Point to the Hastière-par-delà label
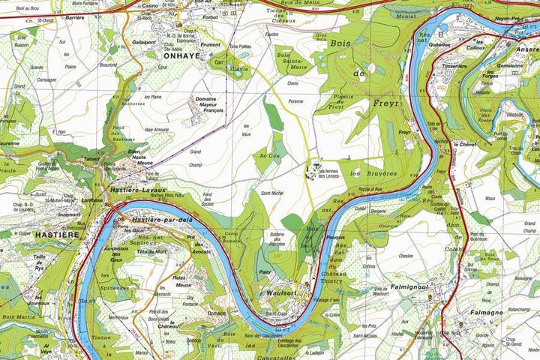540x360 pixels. [x=163, y=220]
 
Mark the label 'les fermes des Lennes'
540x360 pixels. [x=334, y=175]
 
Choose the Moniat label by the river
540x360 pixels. [x=407, y=16]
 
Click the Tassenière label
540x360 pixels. [x=455, y=64]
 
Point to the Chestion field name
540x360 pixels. [x=406, y=256]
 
